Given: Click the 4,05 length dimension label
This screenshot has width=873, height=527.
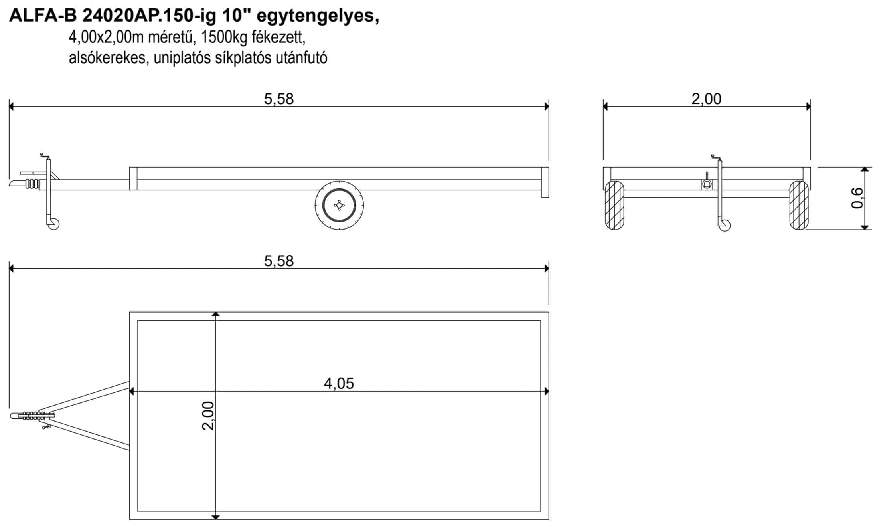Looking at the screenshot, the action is pyautogui.click(x=339, y=383).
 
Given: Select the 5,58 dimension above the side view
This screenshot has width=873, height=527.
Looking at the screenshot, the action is pyautogui.click(x=279, y=99).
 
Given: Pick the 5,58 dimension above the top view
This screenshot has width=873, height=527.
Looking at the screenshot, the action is pyautogui.click(x=279, y=261).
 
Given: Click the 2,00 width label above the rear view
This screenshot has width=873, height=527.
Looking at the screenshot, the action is pyautogui.click(x=706, y=99).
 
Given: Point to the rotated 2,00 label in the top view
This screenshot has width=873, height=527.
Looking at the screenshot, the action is pyautogui.click(x=208, y=415).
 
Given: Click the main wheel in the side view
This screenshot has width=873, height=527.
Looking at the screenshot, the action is pyautogui.click(x=339, y=205).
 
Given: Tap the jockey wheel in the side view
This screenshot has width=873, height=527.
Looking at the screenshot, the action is pyautogui.click(x=53, y=224).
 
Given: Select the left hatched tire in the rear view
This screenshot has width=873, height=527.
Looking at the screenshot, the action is pyautogui.click(x=614, y=205).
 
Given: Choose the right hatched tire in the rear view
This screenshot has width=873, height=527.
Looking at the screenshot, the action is pyautogui.click(x=799, y=205).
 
